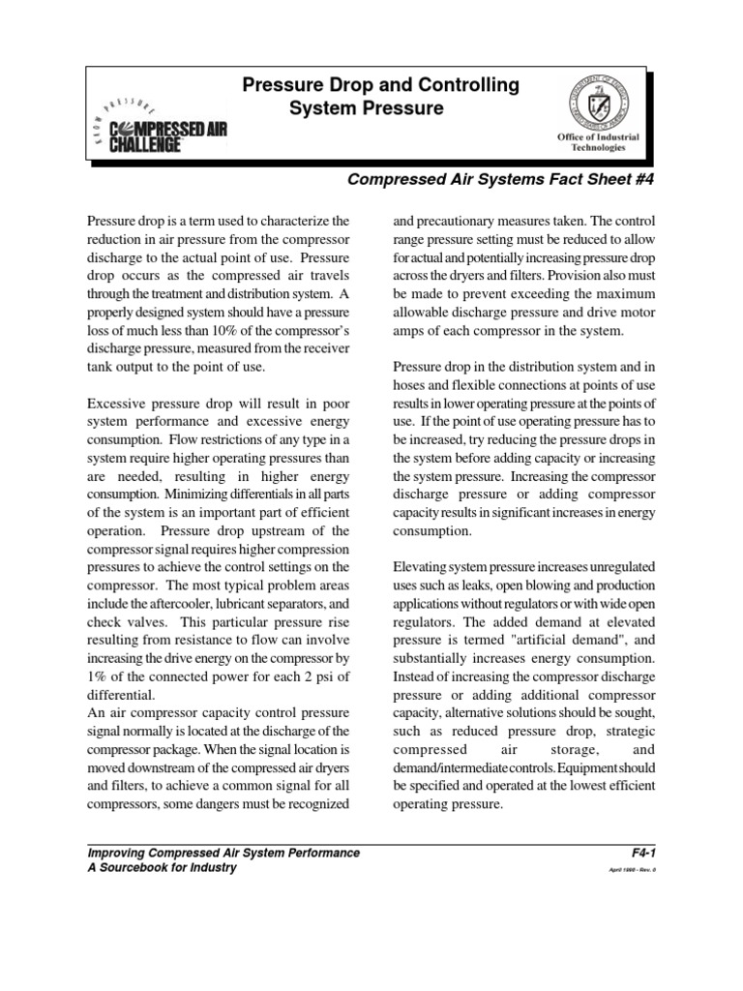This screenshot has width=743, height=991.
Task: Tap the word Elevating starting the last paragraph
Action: tap(422, 567)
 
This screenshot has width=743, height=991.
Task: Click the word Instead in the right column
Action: tap(415, 677)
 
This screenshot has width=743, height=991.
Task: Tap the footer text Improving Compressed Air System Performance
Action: tap(223, 853)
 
